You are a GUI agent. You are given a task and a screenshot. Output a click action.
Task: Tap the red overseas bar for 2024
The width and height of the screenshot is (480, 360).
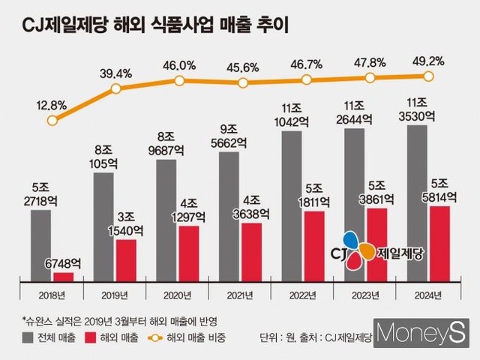[x=439, y=243]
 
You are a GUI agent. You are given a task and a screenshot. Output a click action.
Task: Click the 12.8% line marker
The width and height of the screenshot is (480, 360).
[x=52, y=120]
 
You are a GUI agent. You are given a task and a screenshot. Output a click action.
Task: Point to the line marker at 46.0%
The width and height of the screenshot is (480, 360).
[x=178, y=80]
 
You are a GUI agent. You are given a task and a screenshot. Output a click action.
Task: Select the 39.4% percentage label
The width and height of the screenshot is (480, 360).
[x=115, y=72]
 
